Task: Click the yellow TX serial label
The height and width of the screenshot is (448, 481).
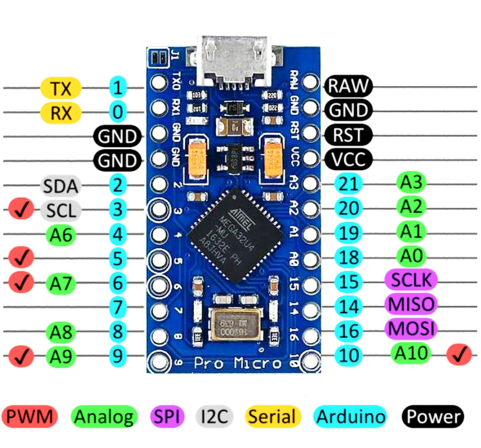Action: coord(61,88)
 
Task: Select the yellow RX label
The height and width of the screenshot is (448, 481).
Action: coord(61,113)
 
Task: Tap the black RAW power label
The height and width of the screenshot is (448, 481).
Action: coord(348,86)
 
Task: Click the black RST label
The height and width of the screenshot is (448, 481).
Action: coord(348,135)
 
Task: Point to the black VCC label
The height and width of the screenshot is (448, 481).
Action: coord(348,159)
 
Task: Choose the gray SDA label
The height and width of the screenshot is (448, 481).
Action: coord(61,186)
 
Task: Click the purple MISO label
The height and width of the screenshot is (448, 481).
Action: coord(411,304)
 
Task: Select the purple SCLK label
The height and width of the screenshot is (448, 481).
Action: coord(411,280)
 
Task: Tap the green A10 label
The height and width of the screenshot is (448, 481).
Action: coord(411,353)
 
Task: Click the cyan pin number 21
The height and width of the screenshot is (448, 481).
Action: coord(348,184)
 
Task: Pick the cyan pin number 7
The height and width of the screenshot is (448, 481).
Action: coord(118,307)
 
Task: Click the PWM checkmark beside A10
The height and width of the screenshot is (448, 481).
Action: coord(459,355)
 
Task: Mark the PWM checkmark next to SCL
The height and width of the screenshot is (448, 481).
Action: coord(21,209)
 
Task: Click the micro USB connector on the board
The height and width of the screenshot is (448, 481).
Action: coord(234,62)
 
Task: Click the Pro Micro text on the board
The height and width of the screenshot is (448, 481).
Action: coord(237,363)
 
